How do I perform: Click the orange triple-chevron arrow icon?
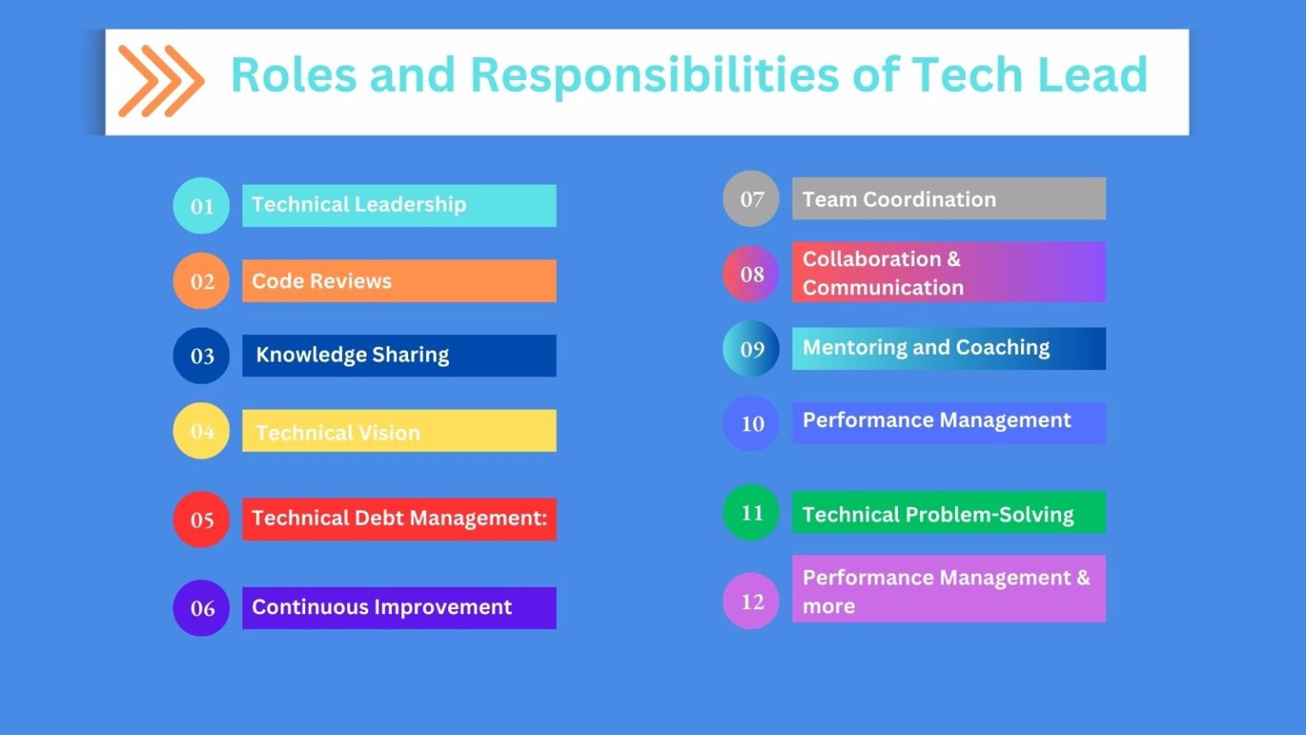161,81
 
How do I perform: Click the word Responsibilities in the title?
655,75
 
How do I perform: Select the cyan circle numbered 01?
202,206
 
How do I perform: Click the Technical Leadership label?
359,205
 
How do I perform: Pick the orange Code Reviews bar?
399,281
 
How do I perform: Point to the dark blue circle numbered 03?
202,356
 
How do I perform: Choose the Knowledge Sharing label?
352,355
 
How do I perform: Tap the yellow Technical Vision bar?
399,431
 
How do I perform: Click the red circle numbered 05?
202,519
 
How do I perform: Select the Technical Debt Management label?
399,518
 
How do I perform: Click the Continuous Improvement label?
382,607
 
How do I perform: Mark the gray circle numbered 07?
751,199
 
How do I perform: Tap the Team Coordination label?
899,199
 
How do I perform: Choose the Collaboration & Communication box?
948,272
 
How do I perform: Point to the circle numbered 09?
751,349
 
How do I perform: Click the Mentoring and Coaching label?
926,348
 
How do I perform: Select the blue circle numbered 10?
751,424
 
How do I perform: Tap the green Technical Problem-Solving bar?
948,513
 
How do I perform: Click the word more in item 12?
828,607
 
